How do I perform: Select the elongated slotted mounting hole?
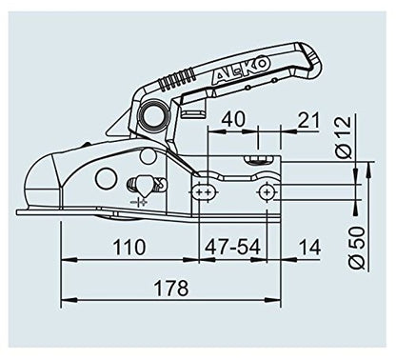[x=203, y=191]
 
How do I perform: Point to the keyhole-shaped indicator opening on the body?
[x=135, y=184]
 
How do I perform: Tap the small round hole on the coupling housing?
[x=102, y=178]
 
